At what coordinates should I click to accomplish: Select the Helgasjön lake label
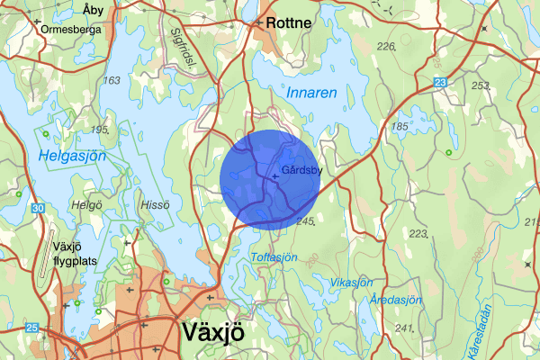click(x=73, y=157)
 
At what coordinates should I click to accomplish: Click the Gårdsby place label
click(x=300, y=167)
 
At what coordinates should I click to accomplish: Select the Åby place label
click(x=93, y=10)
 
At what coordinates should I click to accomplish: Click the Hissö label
click(x=155, y=204)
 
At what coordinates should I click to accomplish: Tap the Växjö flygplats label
click(x=81, y=254)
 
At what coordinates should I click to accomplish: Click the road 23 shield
click(x=440, y=83)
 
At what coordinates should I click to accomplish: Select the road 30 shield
click(x=36, y=209)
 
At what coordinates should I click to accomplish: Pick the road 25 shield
click(x=33, y=327)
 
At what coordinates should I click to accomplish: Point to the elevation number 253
click(x=481, y=85)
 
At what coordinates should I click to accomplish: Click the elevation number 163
click(x=112, y=81)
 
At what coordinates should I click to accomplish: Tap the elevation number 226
click(x=387, y=46)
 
